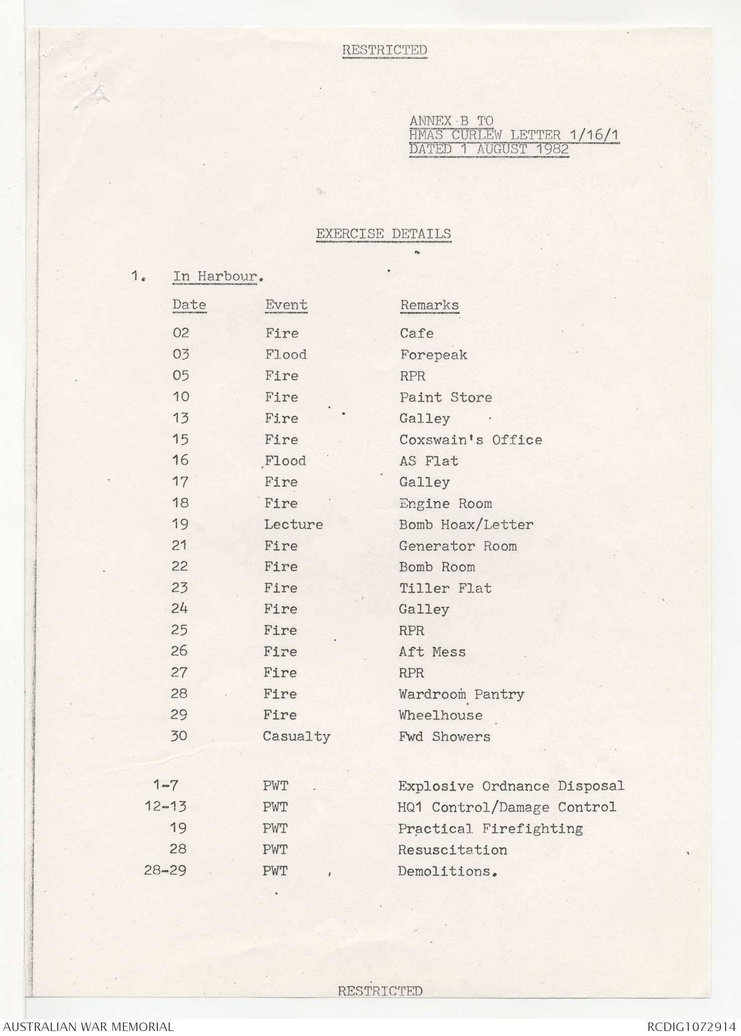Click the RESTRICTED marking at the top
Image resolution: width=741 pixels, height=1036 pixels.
click(x=384, y=50)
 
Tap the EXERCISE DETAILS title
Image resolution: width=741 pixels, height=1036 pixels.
click(x=384, y=234)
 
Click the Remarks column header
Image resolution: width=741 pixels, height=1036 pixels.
click(x=429, y=305)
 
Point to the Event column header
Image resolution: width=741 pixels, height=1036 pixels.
click(x=286, y=305)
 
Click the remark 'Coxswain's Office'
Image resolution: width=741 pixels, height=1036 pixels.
click(x=470, y=440)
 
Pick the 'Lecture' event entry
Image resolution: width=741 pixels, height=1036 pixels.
click(x=293, y=524)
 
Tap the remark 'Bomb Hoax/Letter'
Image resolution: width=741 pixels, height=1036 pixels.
click(x=466, y=524)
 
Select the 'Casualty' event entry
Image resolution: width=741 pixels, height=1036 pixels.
click(x=297, y=736)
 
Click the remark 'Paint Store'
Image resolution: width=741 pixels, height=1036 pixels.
click(x=446, y=398)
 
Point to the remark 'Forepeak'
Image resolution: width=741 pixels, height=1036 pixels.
click(x=433, y=355)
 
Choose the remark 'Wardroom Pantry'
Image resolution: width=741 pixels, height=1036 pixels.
click(x=461, y=694)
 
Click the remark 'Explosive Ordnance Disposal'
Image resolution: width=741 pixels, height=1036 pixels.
click(x=511, y=786)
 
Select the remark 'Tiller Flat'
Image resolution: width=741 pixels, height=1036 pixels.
click(x=445, y=588)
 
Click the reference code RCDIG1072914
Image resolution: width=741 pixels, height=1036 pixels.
click(x=692, y=1027)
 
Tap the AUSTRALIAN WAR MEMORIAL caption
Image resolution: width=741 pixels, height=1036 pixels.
click(x=89, y=1027)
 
